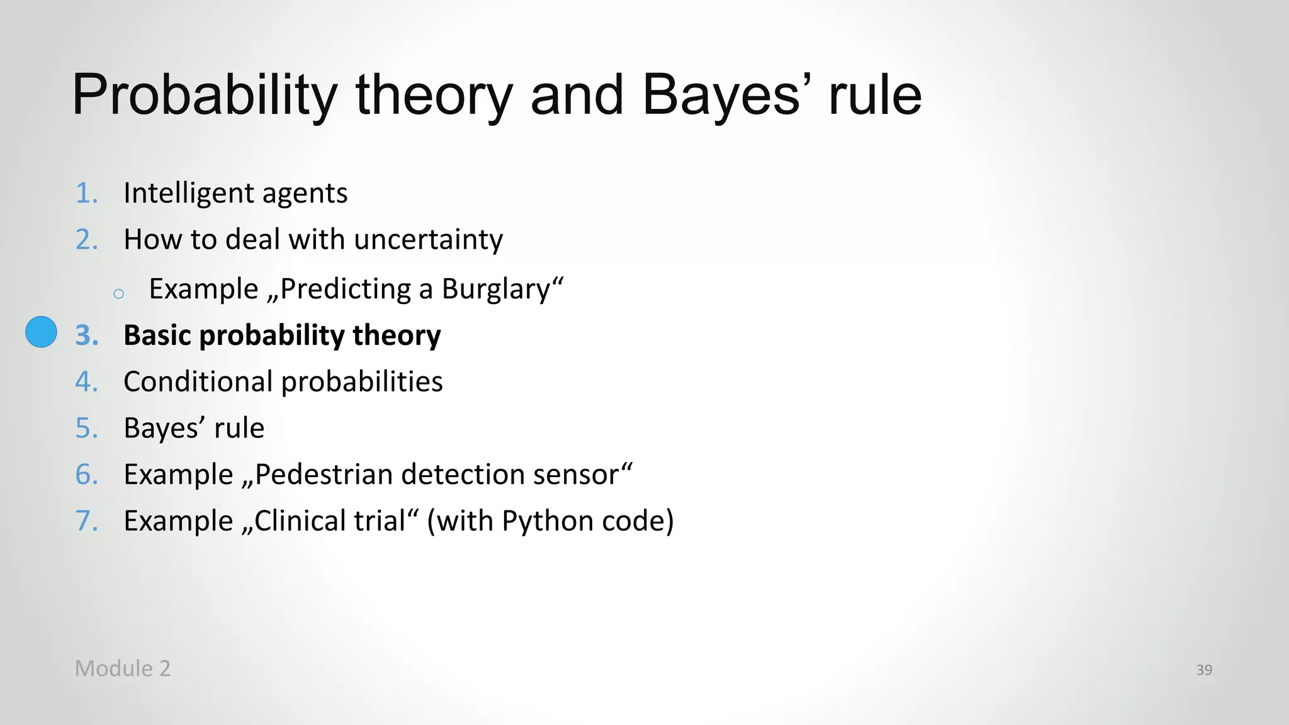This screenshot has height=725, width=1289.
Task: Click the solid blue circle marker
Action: click(41, 332)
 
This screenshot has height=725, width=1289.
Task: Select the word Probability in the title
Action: click(205, 95)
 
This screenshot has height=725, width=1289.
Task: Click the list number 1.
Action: click(86, 193)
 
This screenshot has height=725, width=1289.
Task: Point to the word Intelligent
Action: click(188, 193)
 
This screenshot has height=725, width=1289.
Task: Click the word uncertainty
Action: click(428, 240)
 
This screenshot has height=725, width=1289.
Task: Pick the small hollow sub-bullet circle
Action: click(119, 293)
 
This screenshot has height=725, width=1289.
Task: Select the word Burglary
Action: click(495, 289)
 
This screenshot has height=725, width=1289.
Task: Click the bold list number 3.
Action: click(87, 335)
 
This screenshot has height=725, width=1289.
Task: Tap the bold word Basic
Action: click(157, 335)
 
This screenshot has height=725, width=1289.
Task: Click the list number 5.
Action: click(86, 429)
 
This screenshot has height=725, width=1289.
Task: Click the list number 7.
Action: click(86, 521)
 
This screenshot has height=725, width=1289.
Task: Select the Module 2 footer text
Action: click(123, 668)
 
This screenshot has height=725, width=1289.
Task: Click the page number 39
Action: click(1204, 670)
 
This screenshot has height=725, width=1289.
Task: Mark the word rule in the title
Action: click(875, 95)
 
